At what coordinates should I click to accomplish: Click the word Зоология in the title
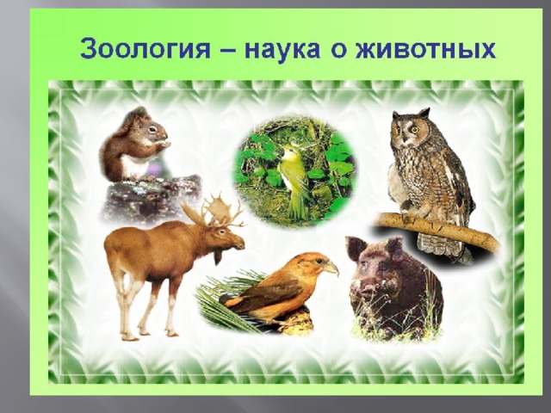tap(145, 50)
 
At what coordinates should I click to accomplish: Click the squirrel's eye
tap(152, 129)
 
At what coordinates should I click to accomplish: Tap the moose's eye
tap(221, 231)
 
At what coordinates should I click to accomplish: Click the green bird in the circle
tap(294, 182)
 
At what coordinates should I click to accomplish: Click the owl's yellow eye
tap(415, 130)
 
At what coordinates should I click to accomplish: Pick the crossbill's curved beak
tap(331, 268)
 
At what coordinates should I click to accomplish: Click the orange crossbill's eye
tap(319, 261)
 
